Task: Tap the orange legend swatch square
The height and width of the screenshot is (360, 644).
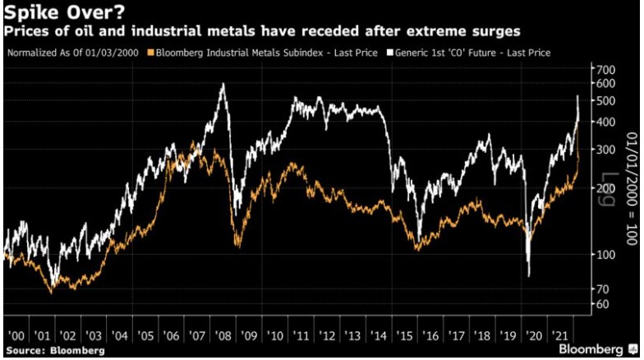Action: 148,53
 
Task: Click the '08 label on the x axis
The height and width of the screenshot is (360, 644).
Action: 224,335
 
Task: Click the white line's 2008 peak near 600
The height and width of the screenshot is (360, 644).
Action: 223,84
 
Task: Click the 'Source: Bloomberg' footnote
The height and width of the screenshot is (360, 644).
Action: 53,351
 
